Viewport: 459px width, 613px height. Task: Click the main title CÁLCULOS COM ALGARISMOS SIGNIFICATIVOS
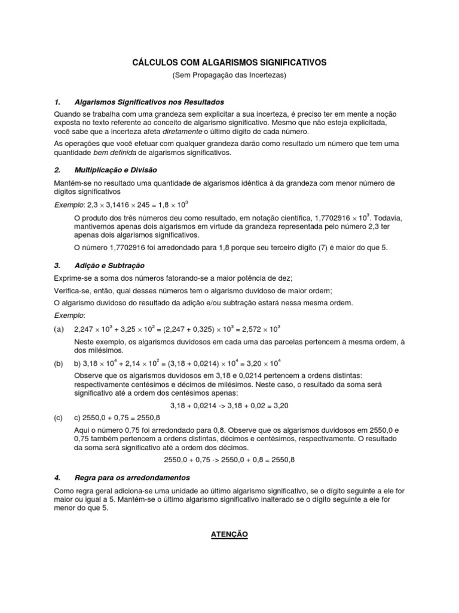click(229, 62)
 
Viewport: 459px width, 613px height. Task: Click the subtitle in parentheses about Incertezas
click(229, 75)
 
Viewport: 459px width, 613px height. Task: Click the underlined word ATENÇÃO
click(229, 533)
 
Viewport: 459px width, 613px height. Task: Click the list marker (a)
click(59, 329)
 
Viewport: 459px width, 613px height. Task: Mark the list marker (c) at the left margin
click(59, 418)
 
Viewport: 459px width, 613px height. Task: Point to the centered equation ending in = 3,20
click(229, 405)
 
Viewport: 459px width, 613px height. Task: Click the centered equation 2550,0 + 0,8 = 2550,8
click(229, 460)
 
